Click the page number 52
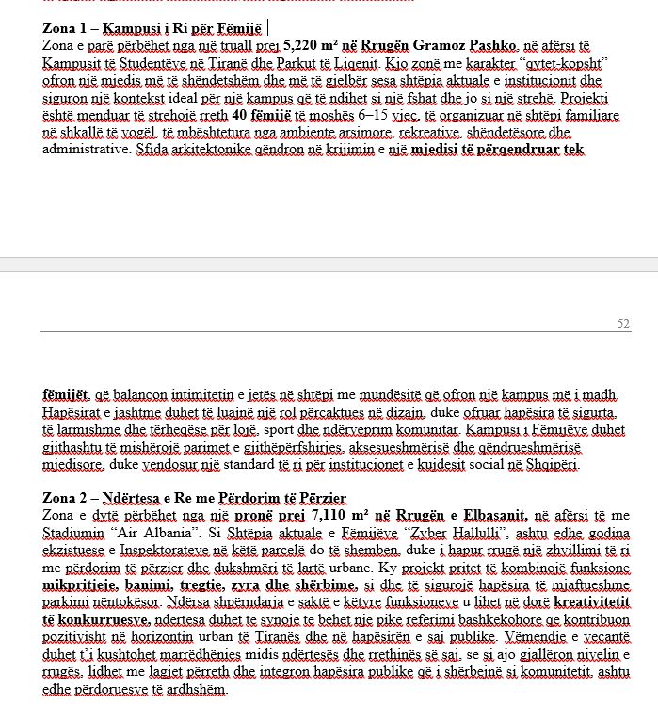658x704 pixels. pyautogui.click(x=623, y=324)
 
